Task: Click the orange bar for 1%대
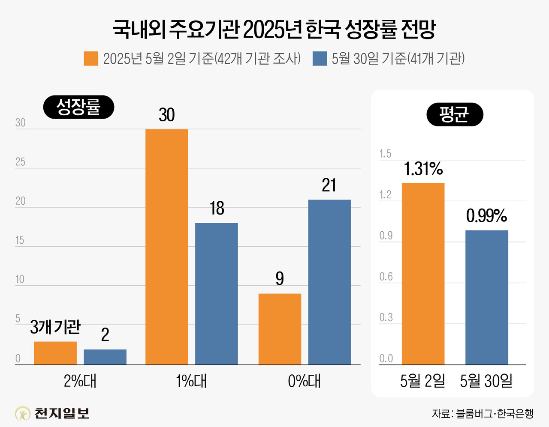(x=166, y=247)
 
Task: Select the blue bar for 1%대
(x=216, y=293)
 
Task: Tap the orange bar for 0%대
(x=280, y=329)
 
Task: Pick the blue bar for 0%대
(x=329, y=282)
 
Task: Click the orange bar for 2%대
(x=55, y=353)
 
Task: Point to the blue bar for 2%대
(x=105, y=357)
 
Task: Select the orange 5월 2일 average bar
(x=423, y=274)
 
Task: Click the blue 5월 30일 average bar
(x=486, y=297)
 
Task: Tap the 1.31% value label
(x=423, y=169)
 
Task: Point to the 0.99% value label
(x=486, y=216)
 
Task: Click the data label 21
(x=329, y=185)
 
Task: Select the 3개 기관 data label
(x=55, y=328)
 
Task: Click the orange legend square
(x=91, y=59)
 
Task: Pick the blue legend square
(x=320, y=59)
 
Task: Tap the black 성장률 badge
(x=78, y=107)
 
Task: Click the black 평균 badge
(x=455, y=114)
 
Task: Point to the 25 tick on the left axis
(x=20, y=162)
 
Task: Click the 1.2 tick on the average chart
(x=385, y=195)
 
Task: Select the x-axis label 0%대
(x=304, y=381)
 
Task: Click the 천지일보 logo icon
(x=23, y=413)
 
